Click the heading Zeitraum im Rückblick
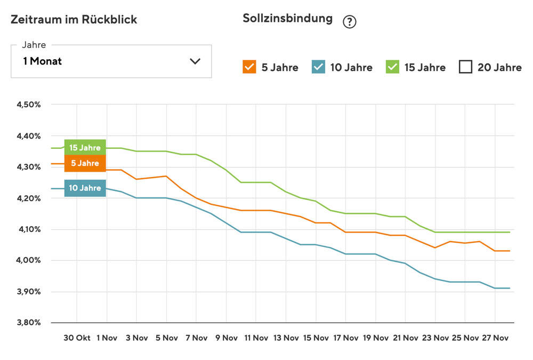pos(74,20)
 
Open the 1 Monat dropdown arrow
pos(195,61)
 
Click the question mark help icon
pos(349,22)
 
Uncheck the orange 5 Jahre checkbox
pos(249,67)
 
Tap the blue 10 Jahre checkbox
pos(318,67)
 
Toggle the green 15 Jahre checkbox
pos(392,67)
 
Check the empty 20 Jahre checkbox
pos(465,67)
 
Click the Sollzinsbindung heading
pos(287,19)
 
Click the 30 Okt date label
pos(77,338)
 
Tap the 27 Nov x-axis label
pos(495,338)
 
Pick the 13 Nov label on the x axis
pos(286,338)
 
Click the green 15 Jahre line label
pos(85,147)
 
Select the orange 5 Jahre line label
pos(85,163)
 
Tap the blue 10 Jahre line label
pos(85,188)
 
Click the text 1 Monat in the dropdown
pos(43,61)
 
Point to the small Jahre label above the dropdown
pos(34,45)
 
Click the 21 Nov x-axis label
pos(405,338)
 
